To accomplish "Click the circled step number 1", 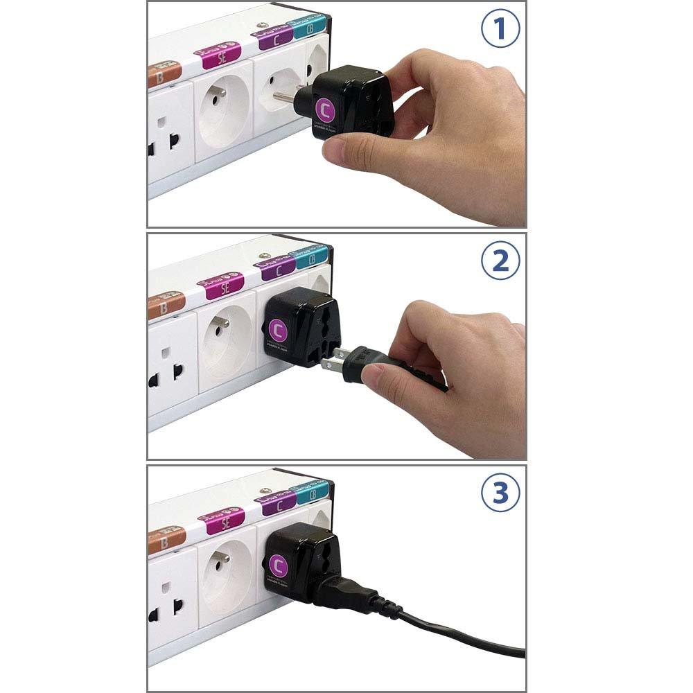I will pyautogui.click(x=500, y=31).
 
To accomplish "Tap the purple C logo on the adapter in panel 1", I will pyautogui.click(x=324, y=108).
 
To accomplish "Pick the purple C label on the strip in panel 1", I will pyautogui.click(x=275, y=37).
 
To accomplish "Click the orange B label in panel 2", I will pyautogui.click(x=165, y=305).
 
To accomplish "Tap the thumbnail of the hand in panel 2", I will pyautogui.click(x=373, y=376).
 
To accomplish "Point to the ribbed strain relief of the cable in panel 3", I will pyautogui.click(x=385, y=608).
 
